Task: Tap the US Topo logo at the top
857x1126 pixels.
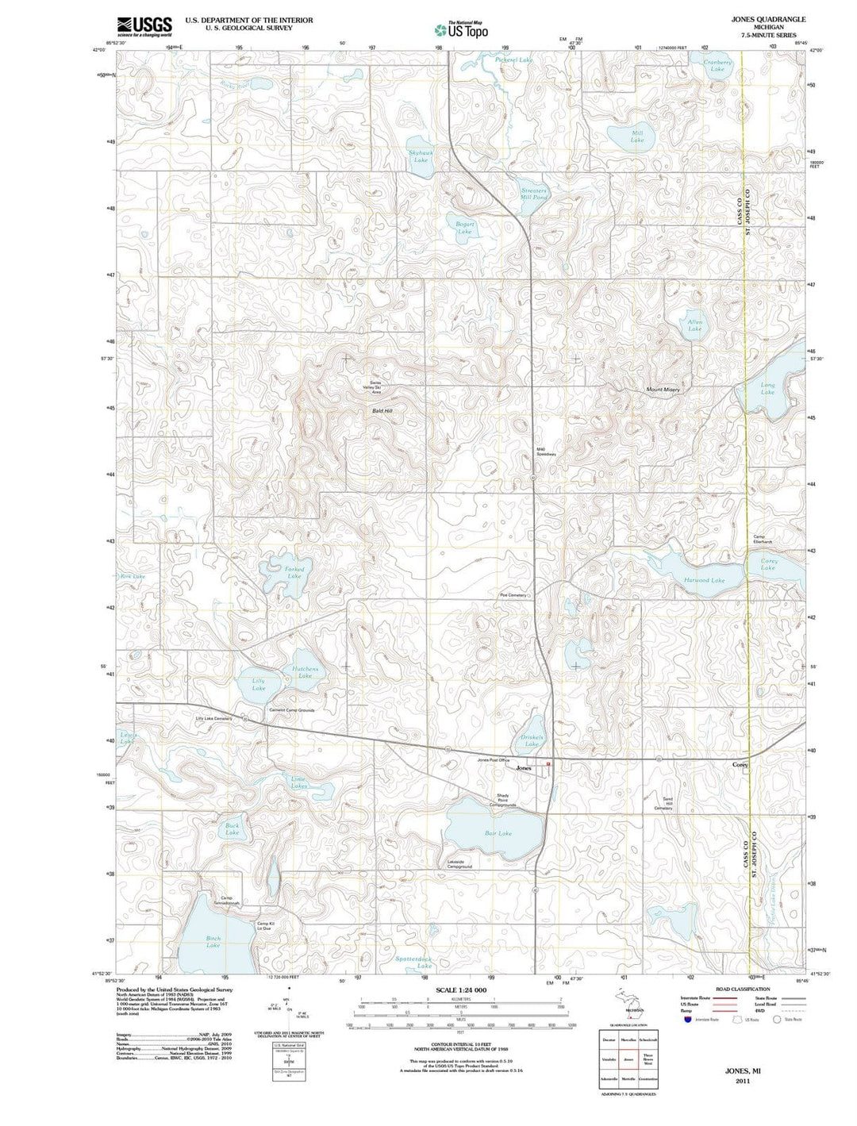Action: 461,30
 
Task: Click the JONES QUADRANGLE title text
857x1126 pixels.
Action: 768,19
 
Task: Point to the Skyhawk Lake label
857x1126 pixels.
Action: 421,156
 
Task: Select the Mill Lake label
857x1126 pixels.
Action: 637,136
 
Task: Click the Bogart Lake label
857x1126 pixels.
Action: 464,228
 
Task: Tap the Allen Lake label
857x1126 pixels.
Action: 694,325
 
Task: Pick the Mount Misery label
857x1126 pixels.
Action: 663,390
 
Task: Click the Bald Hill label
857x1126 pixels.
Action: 382,411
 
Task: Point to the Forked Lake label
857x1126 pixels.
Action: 294,572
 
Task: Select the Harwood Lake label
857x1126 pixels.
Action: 704,580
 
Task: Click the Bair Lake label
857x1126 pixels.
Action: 498,833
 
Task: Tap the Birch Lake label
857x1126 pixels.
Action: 213,942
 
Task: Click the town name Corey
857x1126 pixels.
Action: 740,765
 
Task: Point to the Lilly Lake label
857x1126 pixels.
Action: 259,684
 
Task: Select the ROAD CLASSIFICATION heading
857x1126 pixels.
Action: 742,990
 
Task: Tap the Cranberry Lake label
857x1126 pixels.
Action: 717,66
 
